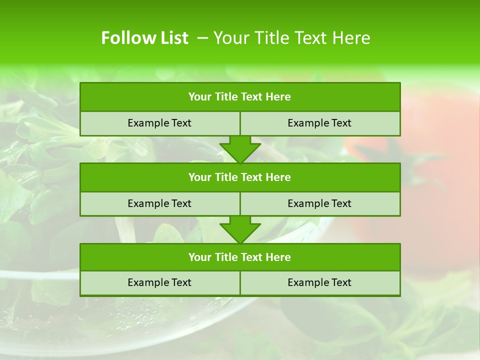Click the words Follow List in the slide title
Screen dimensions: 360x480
144,38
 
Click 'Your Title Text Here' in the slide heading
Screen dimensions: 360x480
292,38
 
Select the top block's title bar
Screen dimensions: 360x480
240,97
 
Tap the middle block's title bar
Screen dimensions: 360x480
240,177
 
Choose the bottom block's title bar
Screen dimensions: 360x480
240,257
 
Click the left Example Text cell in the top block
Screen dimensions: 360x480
159,123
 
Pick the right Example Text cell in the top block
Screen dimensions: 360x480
319,123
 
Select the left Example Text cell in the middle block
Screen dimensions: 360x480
159,203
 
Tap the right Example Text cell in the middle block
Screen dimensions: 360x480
319,203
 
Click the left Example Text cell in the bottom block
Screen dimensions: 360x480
159,282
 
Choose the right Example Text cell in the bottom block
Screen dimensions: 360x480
319,282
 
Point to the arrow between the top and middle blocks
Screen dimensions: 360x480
240,149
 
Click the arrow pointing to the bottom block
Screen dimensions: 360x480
240,229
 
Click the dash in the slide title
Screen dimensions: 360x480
202,38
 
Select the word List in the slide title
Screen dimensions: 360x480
172,38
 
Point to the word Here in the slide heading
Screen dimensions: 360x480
352,38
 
